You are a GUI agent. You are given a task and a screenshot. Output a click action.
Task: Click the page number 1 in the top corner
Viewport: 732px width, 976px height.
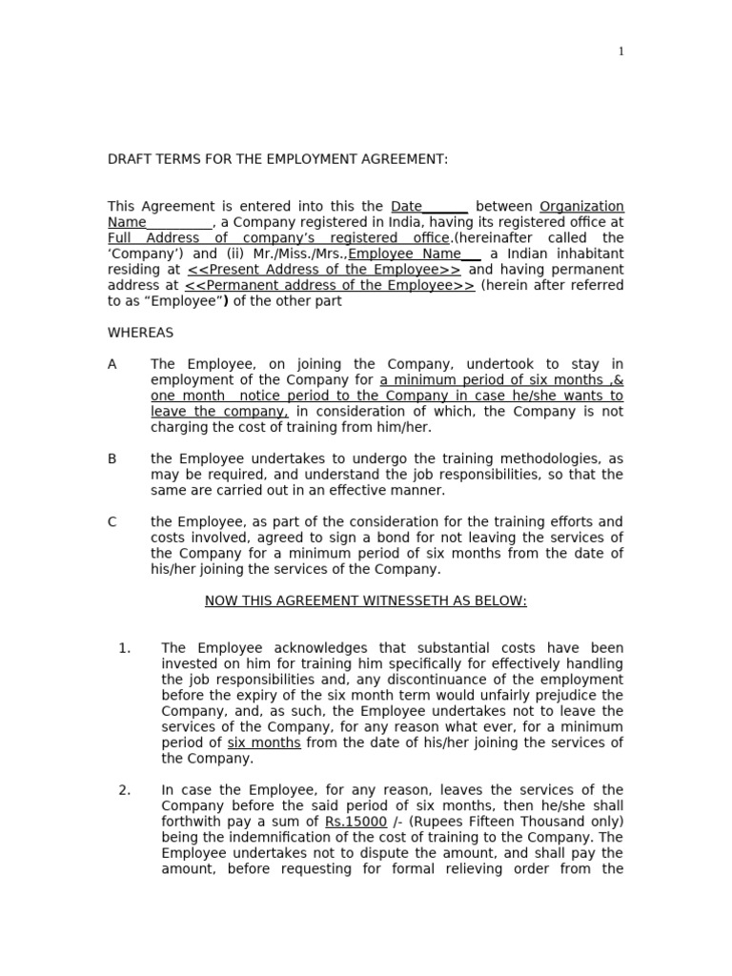[x=621, y=51]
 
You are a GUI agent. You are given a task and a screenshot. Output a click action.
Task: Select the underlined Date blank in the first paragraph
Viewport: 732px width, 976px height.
[x=429, y=207]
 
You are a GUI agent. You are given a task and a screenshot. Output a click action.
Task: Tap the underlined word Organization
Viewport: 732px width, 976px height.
[x=581, y=207]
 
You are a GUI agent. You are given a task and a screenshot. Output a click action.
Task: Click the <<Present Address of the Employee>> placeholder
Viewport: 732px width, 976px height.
[x=323, y=270]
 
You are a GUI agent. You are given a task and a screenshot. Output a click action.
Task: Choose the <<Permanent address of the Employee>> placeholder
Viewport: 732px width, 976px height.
[x=329, y=285]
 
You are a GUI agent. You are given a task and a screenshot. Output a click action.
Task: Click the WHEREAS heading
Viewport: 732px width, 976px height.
[x=140, y=333]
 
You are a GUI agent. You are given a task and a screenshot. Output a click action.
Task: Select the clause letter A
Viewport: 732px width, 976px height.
[x=112, y=364]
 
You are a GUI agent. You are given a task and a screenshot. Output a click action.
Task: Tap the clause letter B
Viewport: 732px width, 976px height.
[x=112, y=458]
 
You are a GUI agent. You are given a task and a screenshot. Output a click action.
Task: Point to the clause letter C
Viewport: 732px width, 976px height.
[x=112, y=521]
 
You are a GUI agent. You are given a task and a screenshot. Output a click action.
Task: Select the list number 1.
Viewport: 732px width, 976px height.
[x=124, y=648]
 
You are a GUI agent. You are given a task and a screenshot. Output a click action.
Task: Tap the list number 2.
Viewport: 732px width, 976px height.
[x=124, y=790]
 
